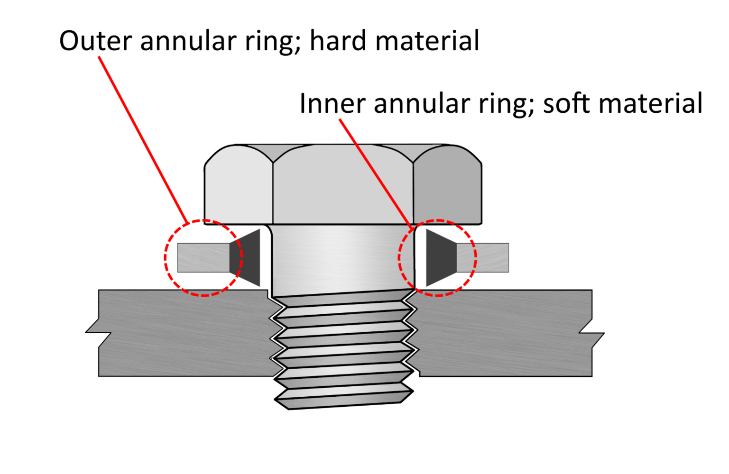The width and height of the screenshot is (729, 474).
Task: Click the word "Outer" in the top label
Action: pos(95,41)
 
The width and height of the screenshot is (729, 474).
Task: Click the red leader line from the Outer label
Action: pos(142,137)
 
